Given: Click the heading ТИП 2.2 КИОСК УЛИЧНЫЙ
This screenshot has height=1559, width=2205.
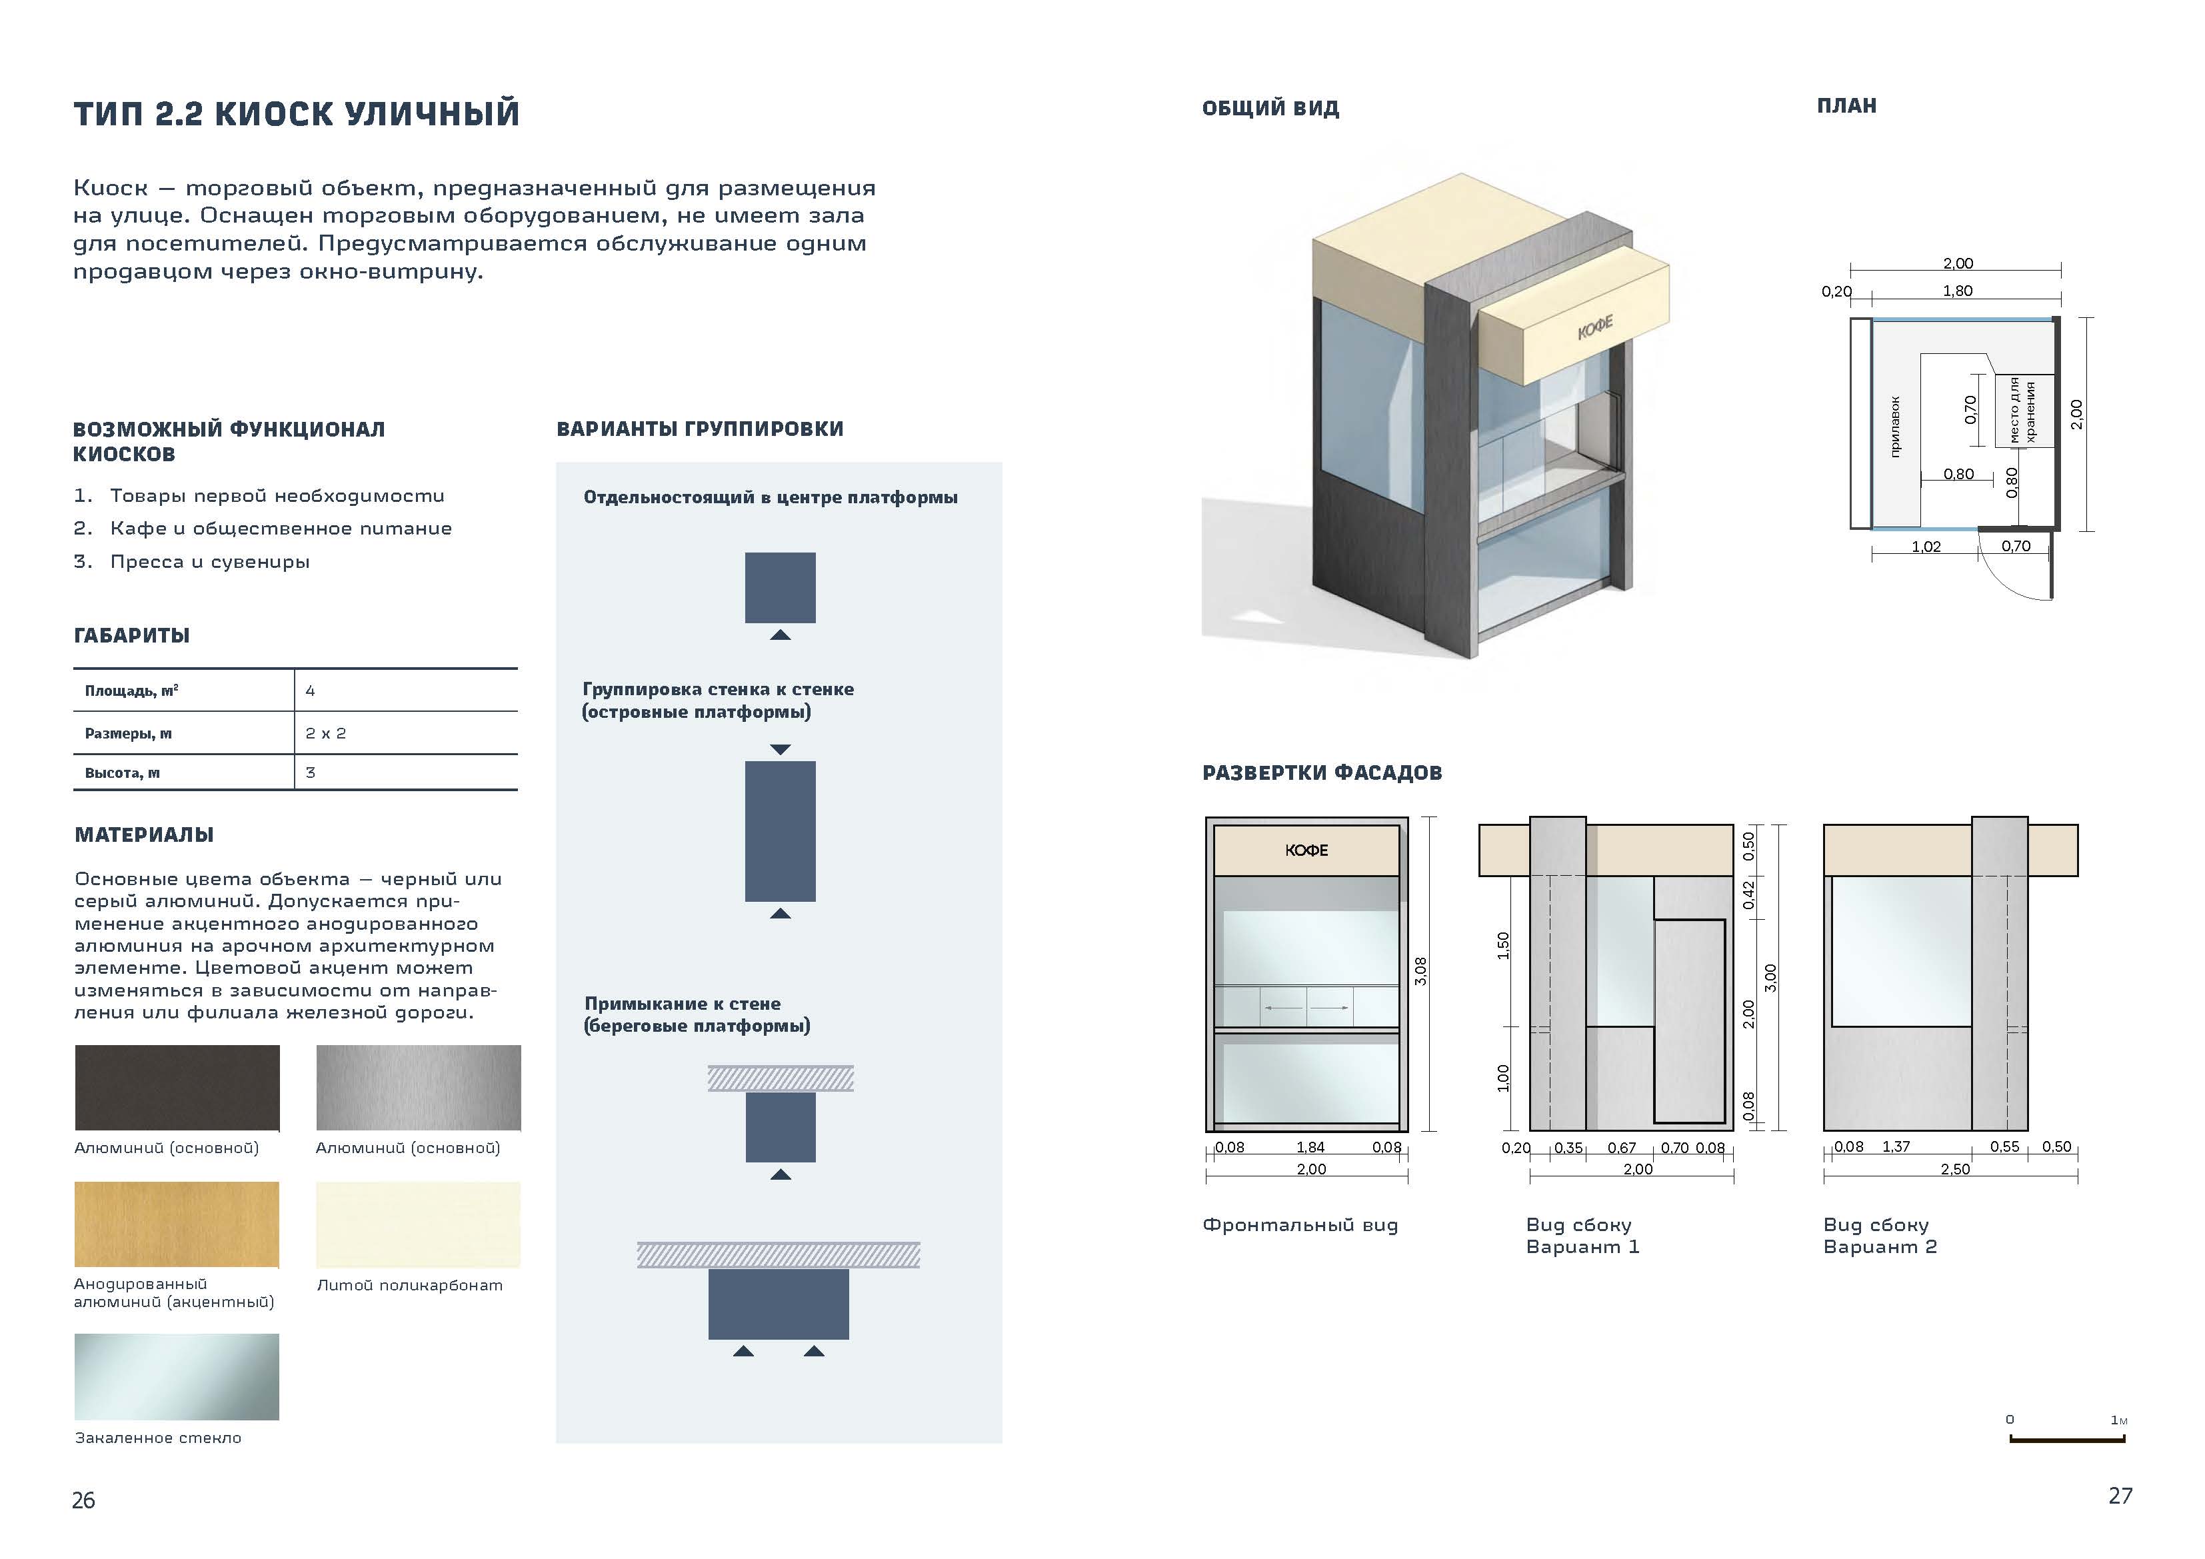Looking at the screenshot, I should (297, 113).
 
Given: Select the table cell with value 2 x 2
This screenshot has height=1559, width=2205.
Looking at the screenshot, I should (325, 733).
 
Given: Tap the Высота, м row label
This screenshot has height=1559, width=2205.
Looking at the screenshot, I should (122, 773).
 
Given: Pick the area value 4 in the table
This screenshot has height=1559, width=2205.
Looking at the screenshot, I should (310, 691).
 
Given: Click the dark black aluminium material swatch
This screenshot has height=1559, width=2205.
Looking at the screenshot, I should (178, 1087).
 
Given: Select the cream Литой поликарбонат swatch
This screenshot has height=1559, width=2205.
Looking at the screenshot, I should (418, 1224).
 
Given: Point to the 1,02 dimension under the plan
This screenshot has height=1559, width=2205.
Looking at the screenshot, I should (1926, 547).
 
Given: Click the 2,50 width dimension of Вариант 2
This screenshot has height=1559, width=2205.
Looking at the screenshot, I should (1954, 1169).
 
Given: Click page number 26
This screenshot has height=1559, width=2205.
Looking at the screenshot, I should (83, 1500).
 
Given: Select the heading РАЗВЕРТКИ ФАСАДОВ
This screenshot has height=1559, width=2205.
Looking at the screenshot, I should (1321, 773).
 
